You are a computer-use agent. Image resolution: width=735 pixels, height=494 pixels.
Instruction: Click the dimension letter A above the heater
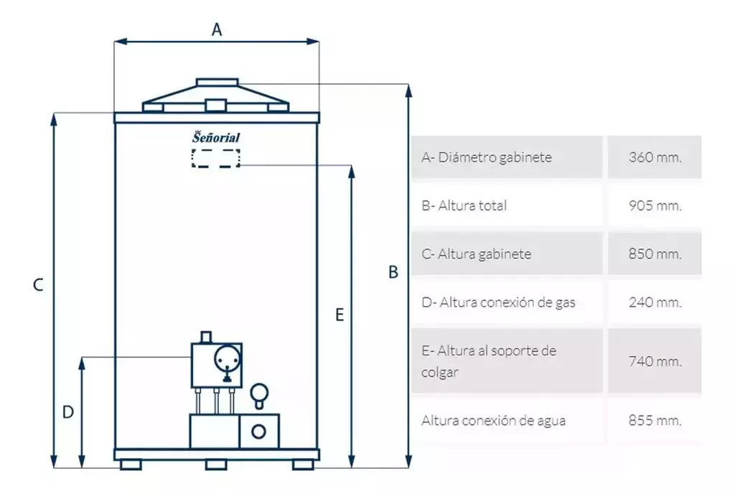pos(217,29)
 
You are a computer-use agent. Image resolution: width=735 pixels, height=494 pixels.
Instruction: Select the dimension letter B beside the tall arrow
pos(393,272)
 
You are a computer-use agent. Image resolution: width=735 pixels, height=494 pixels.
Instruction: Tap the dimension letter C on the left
pos(39,285)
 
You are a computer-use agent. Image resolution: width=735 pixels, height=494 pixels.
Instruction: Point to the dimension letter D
pos(68,412)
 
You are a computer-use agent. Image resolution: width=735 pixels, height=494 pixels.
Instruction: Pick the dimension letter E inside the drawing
pos(340,314)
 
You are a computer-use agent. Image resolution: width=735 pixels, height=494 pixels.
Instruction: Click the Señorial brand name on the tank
pos(215,137)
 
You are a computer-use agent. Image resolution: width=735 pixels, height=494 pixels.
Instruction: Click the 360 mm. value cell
pos(655,157)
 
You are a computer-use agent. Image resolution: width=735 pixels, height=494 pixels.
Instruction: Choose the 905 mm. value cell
pos(655,205)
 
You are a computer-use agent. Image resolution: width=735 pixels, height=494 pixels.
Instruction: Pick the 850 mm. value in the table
pos(655,253)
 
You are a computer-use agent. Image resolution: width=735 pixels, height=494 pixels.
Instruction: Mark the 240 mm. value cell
pos(655,302)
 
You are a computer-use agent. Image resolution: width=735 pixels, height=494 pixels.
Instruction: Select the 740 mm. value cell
pos(655,361)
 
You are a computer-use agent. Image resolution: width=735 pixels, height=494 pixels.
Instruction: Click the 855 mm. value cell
pos(655,420)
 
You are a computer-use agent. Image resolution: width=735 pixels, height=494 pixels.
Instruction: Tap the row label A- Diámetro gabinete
pos(487,157)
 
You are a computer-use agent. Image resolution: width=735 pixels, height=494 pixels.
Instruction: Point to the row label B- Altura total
pos(464,205)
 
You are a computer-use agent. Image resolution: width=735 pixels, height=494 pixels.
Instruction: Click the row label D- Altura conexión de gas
pos(498,302)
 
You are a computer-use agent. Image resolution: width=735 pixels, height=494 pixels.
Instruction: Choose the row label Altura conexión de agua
pos(493,421)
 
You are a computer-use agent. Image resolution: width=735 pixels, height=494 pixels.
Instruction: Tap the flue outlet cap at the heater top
pos(217,83)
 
